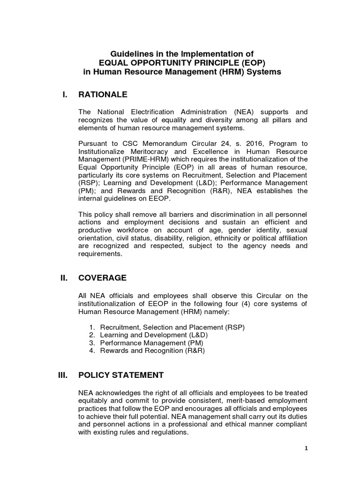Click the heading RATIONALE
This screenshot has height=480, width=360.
[103, 95]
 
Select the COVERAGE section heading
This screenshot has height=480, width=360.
[102, 278]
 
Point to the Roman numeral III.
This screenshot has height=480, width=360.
[64, 375]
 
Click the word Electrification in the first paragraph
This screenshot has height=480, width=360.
[153, 112]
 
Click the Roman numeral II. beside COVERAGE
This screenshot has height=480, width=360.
[65, 278]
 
